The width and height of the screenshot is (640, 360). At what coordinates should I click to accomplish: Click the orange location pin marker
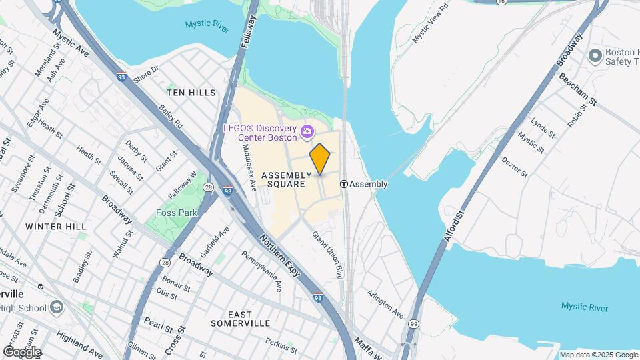[x=320, y=159]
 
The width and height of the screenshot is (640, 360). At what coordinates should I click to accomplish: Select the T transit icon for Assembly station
[x=343, y=184]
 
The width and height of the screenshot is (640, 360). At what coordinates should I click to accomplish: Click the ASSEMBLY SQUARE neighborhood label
[x=287, y=179]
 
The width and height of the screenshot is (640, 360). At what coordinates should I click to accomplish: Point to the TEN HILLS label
[x=191, y=93]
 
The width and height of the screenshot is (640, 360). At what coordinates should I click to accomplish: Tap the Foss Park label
[x=175, y=213]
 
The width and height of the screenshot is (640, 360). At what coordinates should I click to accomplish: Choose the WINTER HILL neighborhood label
[x=56, y=227]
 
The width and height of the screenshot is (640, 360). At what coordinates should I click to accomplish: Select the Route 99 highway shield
[x=413, y=323]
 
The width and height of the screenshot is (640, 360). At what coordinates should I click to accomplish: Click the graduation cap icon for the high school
[x=57, y=307]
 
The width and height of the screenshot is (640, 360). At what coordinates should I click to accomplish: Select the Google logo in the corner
[x=22, y=351]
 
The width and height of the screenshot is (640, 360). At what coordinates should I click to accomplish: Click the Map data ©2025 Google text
[x=598, y=355]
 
